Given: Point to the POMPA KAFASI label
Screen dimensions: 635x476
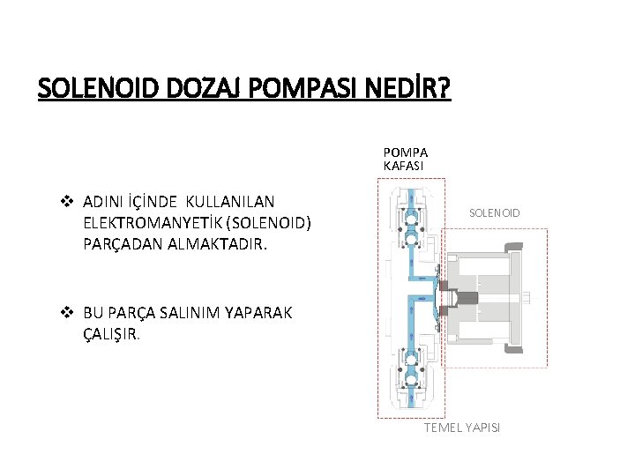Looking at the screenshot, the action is click(x=405, y=158).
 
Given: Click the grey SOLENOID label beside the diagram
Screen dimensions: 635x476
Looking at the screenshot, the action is click(x=494, y=212).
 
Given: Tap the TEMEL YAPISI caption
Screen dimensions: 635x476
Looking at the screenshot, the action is click(x=461, y=427).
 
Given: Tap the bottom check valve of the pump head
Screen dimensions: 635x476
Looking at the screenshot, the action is click(x=410, y=370).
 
